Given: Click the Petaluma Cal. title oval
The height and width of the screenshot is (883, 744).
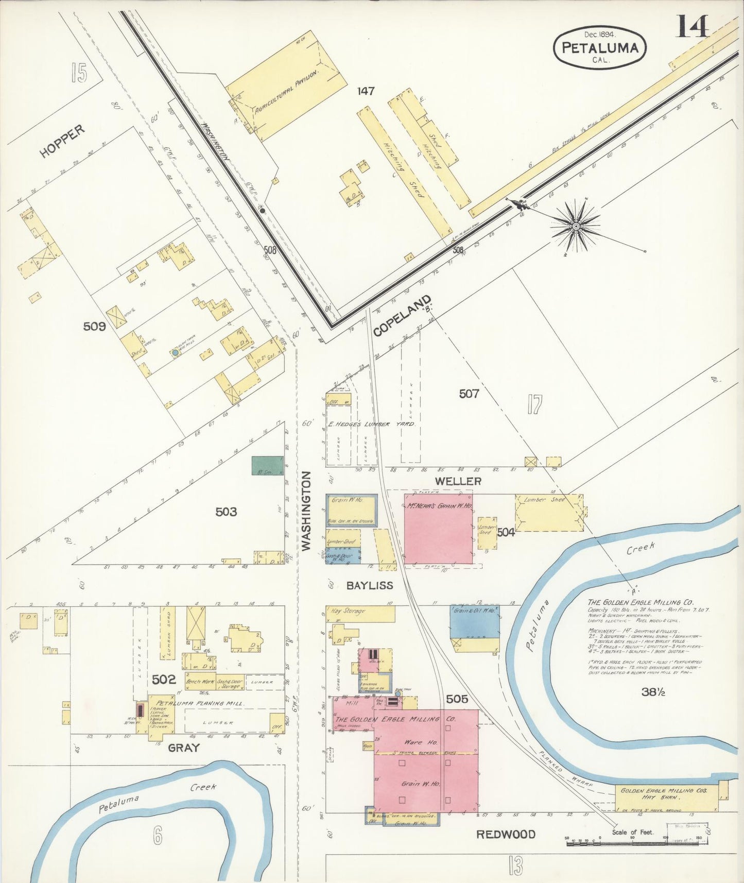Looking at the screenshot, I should pyautogui.click(x=600, y=47).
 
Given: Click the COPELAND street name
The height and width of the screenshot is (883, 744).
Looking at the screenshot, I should pyautogui.click(x=402, y=316).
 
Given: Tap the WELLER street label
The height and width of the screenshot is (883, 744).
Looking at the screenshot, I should pyautogui.click(x=458, y=481).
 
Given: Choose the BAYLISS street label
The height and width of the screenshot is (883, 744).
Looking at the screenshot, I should pyautogui.click(x=369, y=585).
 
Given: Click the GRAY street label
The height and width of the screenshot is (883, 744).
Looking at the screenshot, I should pyautogui.click(x=183, y=748).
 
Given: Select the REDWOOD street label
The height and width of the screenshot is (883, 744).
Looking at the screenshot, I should pyautogui.click(x=505, y=834).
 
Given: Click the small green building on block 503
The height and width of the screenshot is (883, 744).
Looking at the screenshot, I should pyautogui.click(x=267, y=465).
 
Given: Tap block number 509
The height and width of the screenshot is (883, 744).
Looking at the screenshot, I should pyautogui.click(x=95, y=326).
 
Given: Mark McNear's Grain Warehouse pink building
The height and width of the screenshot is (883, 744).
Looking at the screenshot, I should pyautogui.click(x=438, y=529).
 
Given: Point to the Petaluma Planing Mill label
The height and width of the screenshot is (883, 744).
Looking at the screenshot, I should pyautogui.click(x=190, y=703).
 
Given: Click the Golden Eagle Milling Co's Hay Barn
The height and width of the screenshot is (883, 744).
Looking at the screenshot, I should pyautogui.click(x=667, y=798).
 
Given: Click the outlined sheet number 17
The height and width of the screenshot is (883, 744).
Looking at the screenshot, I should pyautogui.click(x=534, y=404).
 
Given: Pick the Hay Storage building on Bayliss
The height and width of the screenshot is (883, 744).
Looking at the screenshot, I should pyautogui.click(x=360, y=613).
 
